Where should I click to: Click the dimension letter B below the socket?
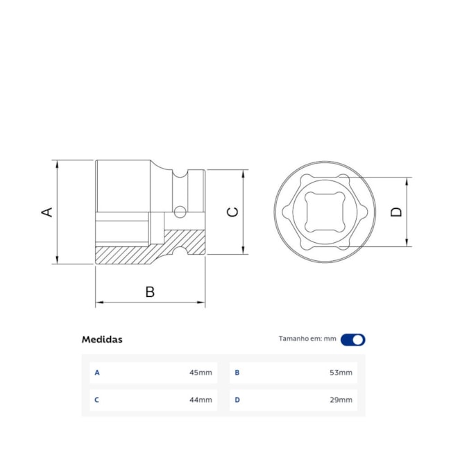pos(150,291)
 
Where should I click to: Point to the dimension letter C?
pos(233,212)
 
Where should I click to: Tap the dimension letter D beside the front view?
pos(396,212)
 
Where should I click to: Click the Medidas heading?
pos(102,339)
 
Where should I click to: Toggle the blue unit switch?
pos(353,339)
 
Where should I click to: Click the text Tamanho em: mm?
pos(307,339)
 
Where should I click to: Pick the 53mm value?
pos(341,373)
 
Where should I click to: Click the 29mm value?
pos(341,400)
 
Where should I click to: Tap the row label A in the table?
pos(97,373)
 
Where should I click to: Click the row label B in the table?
pos(237,373)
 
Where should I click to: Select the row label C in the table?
pos(97,400)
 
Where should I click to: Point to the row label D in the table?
pos(237,400)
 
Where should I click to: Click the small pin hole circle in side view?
pos(180,211)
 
